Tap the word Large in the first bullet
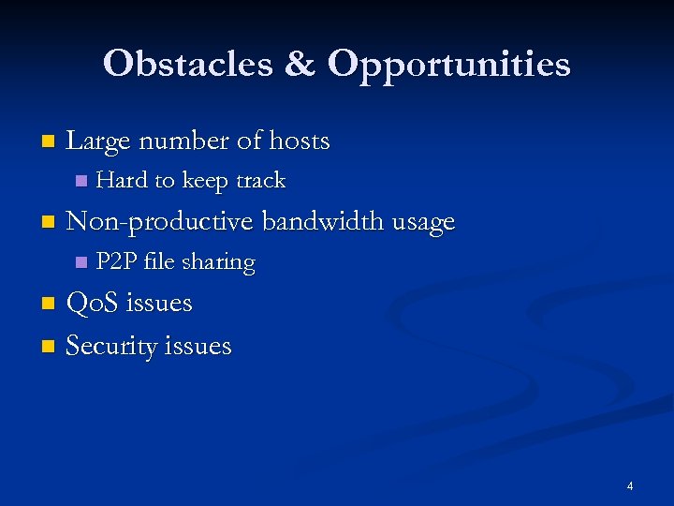coord(98,141)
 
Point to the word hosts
coord(299,141)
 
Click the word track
coord(260,180)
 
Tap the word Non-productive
coord(160,222)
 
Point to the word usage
coord(420,223)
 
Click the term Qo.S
coord(93,304)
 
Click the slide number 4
coord(629,485)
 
